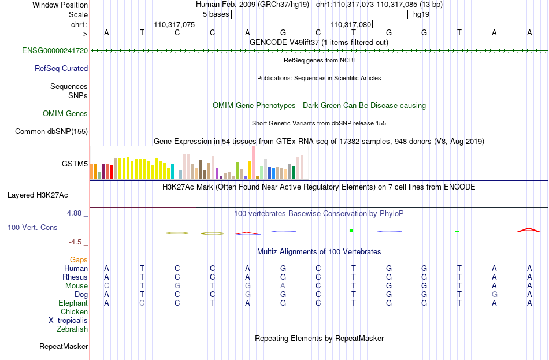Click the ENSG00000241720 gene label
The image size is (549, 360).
pyautogui.click(x=55, y=50)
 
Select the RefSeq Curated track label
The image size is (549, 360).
pyautogui.click(x=61, y=68)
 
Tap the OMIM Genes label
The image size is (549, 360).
pyautogui.click(x=65, y=113)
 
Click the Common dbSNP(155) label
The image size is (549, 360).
pyautogui.click(x=51, y=131)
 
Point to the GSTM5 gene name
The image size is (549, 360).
pyautogui.click(x=75, y=164)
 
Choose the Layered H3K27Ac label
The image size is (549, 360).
pyautogui.click(x=38, y=195)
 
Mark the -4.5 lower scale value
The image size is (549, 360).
pyautogui.click(x=75, y=242)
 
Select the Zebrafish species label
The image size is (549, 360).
pyautogui.click(x=72, y=329)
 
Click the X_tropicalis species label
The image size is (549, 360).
pyautogui.click(x=68, y=321)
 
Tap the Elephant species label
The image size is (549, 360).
pyautogui.click(x=73, y=303)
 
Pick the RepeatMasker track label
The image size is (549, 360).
pyautogui.click(x=64, y=346)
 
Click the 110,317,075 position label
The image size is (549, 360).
pyautogui.click(x=175, y=24)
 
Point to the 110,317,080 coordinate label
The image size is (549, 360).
pyautogui.click(x=350, y=24)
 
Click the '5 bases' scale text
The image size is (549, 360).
pyautogui.click(x=216, y=14)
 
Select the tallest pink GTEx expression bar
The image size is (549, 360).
pyautogui.click(x=254, y=162)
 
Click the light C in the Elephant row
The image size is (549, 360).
pyautogui.click(x=142, y=303)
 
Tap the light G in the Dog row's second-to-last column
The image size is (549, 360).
pyautogui.click(x=494, y=294)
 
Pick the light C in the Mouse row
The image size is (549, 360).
pyautogui.click(x=106, y=286)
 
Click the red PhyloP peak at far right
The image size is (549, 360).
pyautogui.click(x=529, y=230)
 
